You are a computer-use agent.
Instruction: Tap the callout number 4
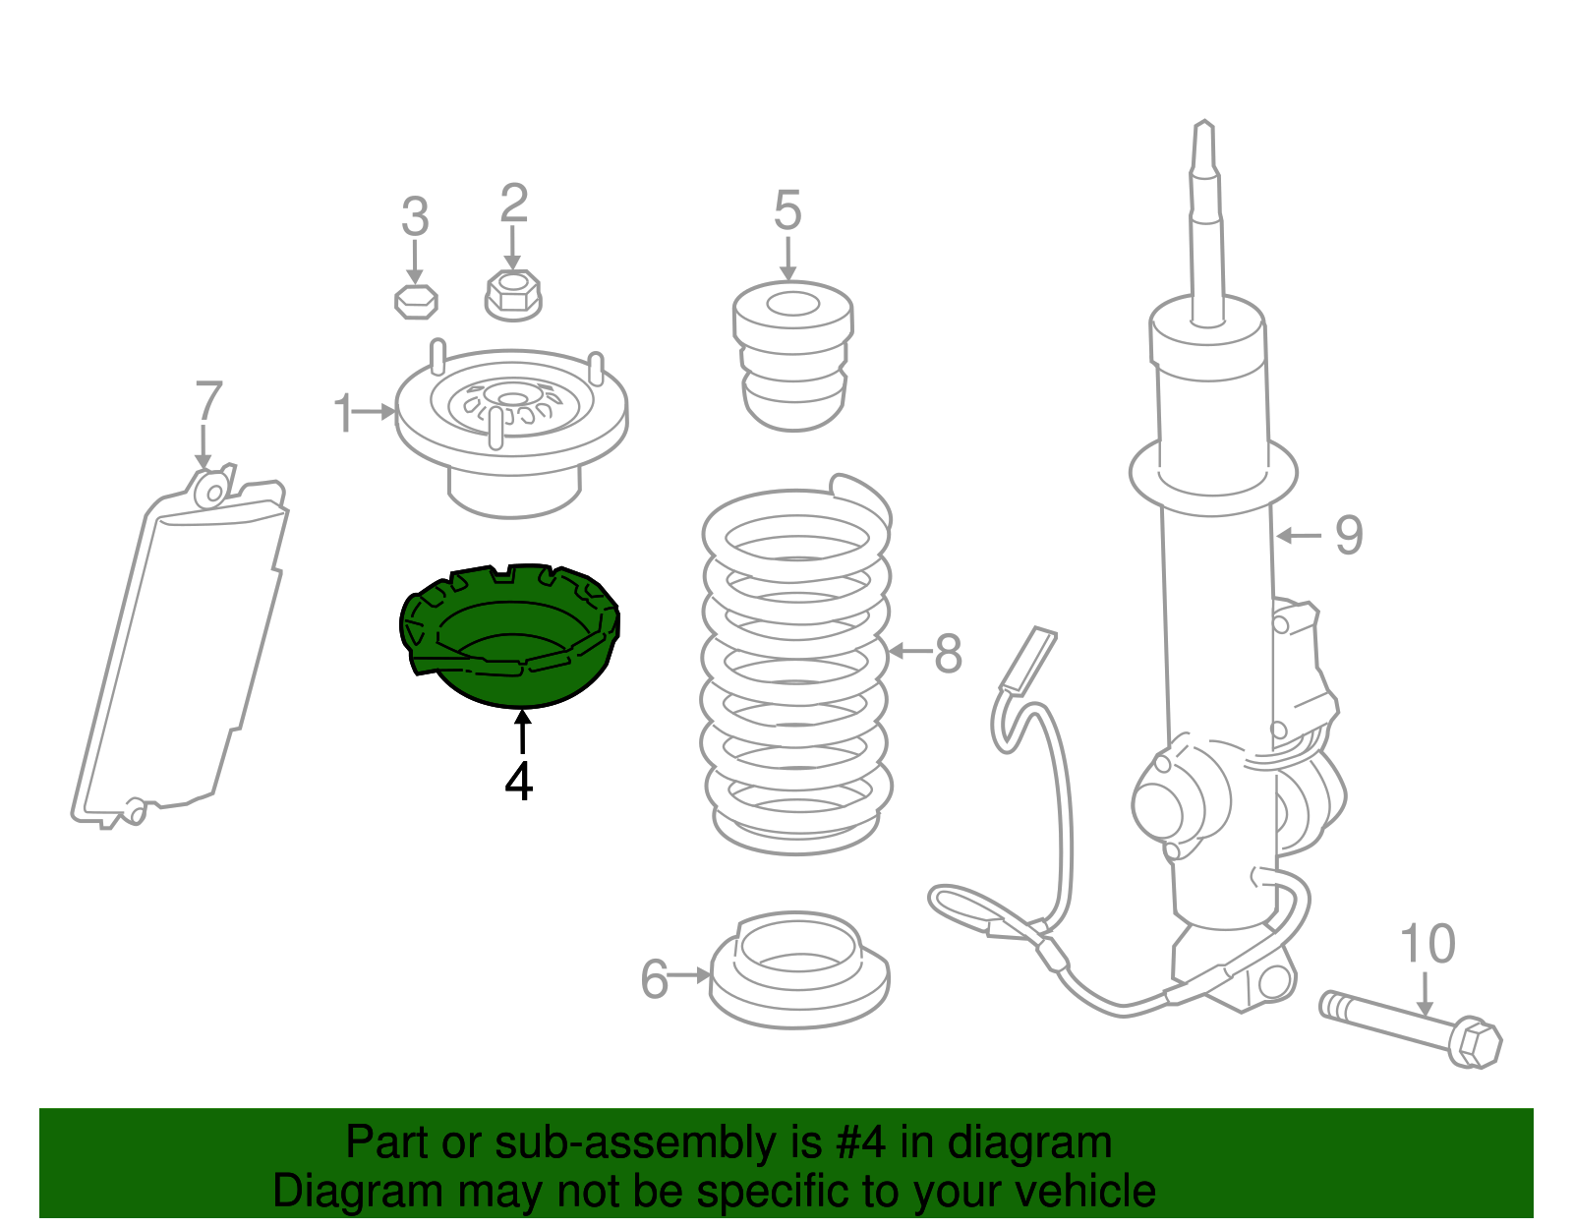click(x=519, y=782)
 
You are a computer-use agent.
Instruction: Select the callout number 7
click(x=208, y=400)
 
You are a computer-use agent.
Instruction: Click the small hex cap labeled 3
click(x=416, y=301)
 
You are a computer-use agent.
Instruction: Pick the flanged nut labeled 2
click(x=513, y=295)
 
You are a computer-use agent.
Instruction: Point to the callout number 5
click(x=787, y=209)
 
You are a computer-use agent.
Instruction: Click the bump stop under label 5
click(x=793, y=356)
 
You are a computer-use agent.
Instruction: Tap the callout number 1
click(x=343, y=413)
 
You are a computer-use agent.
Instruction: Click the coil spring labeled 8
click(x=796, y=662)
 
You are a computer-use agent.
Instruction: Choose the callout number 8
click(x=949, y=654)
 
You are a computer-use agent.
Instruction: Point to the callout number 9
click(x=1349, y=536)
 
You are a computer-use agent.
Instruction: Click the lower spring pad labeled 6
click(x=798, y=969)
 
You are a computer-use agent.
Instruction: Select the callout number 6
click(x=655, y=979)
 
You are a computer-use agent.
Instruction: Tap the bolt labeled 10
click(x=1410, y=1029)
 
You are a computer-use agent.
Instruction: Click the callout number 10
click(x=1427, y=944)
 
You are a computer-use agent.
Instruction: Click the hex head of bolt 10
click(x=1476, y=1044)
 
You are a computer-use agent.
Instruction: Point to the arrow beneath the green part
click(x=522, y=732)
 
